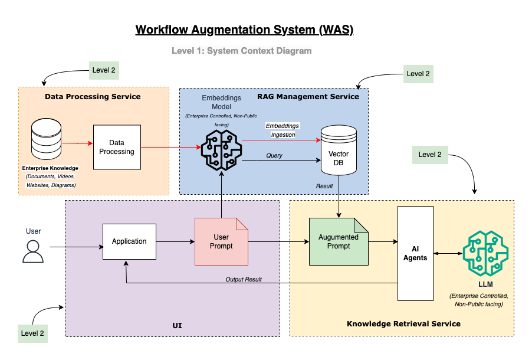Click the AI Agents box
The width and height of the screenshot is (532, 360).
coord(415,253)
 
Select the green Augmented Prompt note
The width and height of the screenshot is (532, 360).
coord(338,241)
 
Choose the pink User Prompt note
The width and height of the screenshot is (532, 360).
coord(221,241)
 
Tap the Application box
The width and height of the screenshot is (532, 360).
coord(129,241)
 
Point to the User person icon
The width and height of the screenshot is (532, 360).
coord(33,250)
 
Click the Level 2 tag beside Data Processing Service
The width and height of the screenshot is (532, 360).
coord(104,70)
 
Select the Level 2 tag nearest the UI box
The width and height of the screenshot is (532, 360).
coord(32,333)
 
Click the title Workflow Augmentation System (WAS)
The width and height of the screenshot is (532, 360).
coord(244,30)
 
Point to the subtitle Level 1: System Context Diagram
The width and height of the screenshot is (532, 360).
coord(241,51)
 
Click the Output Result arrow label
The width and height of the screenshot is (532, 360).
coord(243,279)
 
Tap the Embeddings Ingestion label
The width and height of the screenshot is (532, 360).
coord(283,130)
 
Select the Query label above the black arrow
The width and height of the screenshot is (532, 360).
coord(274,155)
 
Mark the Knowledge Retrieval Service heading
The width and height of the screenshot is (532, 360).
coord(403,323)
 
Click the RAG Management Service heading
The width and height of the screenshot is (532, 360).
coord(308,96)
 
